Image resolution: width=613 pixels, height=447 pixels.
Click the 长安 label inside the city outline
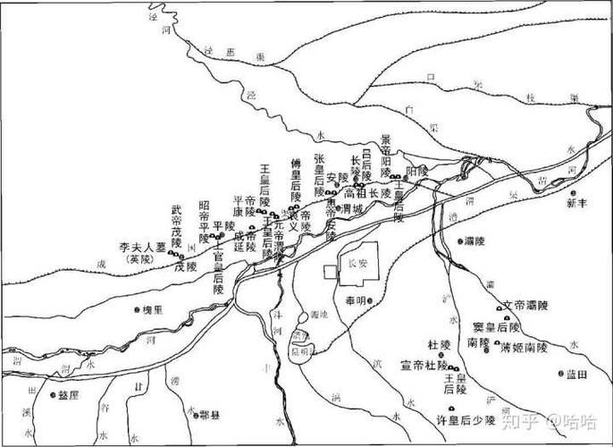click(357, 264)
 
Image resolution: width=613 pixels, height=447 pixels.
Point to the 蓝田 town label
click(579, 374)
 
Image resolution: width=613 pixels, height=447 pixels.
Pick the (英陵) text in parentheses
click(140, 259)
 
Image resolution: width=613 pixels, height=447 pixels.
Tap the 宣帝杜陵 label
click(424, 364)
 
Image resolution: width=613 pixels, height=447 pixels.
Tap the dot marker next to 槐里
click(137, 310)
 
